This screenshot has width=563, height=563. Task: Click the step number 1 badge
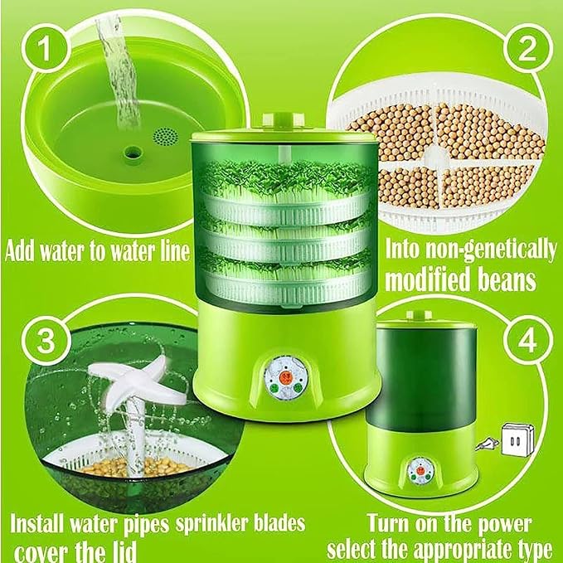tap(45, 48)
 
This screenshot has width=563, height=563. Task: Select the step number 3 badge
tap(46, 340)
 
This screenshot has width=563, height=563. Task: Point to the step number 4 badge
tap(527, 340)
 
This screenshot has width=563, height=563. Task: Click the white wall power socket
tap(517, 439)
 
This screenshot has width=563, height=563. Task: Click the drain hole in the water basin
tap(133, 153)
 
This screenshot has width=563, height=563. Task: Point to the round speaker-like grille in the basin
tap(166, 137)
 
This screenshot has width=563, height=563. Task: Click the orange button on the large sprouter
tap(285, 377)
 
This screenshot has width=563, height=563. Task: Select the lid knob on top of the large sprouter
tap(284, 120)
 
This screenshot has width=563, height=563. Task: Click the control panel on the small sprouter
tap(421, 470)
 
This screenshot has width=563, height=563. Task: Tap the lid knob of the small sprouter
tap(419, 314)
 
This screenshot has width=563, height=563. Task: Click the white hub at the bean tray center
tap(437, 157)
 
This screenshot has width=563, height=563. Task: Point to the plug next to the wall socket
tap(488, 445)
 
